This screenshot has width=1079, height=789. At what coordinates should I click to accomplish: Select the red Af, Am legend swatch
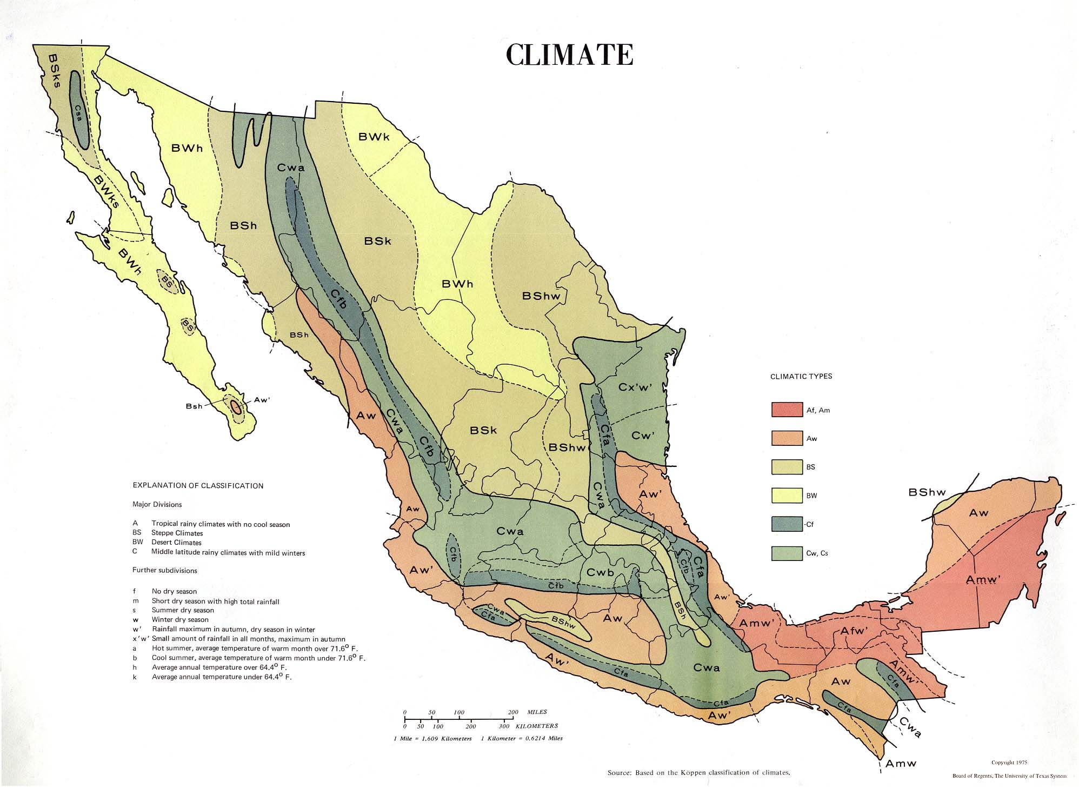(787, 410)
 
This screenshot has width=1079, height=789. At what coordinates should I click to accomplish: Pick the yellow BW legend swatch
(787, 495)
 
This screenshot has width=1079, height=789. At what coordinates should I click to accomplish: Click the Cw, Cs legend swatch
(787, 553)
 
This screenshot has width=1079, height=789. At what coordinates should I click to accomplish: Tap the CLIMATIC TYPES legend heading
(801, 376)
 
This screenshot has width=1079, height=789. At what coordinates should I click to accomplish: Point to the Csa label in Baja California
(79, 115)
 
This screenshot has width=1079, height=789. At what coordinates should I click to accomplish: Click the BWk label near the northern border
(374, 137)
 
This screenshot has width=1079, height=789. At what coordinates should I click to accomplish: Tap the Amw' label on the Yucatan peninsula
(983, 580)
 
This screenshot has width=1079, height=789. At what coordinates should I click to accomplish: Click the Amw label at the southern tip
(901, 763)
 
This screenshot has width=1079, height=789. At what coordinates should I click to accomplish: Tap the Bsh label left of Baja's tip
(194, 406)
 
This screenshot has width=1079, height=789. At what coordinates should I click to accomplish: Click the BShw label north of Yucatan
(927, 492)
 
